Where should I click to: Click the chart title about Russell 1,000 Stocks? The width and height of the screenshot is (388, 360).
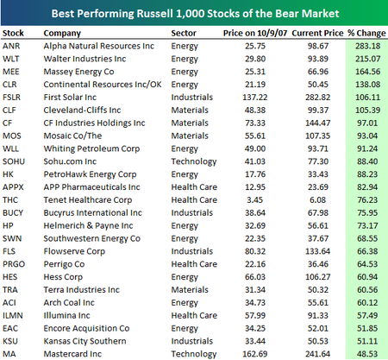coord(195,14)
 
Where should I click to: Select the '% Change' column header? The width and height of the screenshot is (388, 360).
coord(366,33)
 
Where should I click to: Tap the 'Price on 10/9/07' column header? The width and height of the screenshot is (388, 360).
coord(255,33)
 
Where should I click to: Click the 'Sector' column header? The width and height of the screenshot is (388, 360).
coord(184,33)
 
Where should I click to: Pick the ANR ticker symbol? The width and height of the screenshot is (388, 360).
coord(11,46)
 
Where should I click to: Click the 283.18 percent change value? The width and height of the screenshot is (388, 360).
coord(367,46)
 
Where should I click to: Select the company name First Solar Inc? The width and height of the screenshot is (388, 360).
coord(70,98)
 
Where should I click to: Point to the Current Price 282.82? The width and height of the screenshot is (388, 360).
coord(317,98)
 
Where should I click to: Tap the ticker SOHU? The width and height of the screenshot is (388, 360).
coord(14,161)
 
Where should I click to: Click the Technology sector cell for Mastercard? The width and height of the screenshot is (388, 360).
coord(194,354)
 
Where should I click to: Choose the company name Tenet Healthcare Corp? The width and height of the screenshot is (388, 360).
coord(88,200)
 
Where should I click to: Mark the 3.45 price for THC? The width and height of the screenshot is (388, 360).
coord(255,200)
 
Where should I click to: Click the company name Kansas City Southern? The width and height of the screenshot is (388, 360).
coord(84,341)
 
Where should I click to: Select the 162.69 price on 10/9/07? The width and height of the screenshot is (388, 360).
coord(255,354)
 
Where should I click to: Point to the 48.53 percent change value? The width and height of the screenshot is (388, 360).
coord(367,354)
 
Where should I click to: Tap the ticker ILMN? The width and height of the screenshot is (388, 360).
coord(13,316)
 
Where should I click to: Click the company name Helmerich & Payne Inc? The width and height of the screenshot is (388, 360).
coord(88,226)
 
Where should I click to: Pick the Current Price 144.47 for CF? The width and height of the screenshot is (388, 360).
coord(317,123)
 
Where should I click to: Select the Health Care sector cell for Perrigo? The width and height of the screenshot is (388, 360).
coord(194,264)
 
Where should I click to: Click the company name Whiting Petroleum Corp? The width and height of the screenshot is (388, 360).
coord(91,148)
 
